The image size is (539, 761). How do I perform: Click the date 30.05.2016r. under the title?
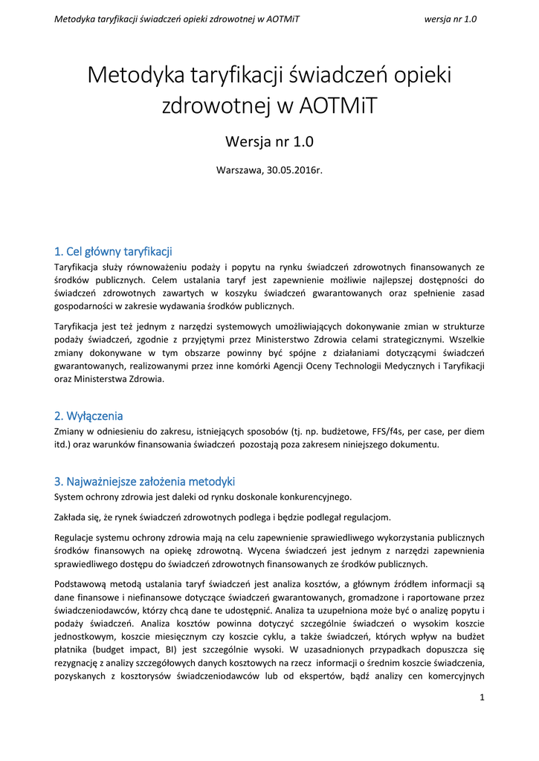click(294, 170)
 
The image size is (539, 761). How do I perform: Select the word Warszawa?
click(239, 170)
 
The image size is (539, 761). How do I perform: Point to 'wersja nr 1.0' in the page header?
click(450, 19)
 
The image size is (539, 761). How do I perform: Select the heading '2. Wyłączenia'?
click(88, 415)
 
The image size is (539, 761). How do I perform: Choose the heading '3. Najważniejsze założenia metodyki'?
click(145, 481)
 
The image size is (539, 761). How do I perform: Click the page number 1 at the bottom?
click(482, 697)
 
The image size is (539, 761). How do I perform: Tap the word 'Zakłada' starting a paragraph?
click(72, 517)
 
